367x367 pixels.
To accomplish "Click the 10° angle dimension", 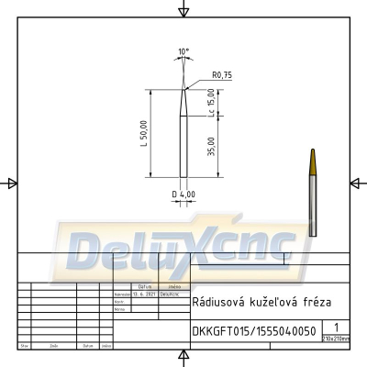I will coord(183,51).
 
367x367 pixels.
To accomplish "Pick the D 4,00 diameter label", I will coord(183,195).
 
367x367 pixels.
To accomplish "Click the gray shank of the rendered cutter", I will coord(312,206).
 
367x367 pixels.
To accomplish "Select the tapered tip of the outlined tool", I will coord(183,101).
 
